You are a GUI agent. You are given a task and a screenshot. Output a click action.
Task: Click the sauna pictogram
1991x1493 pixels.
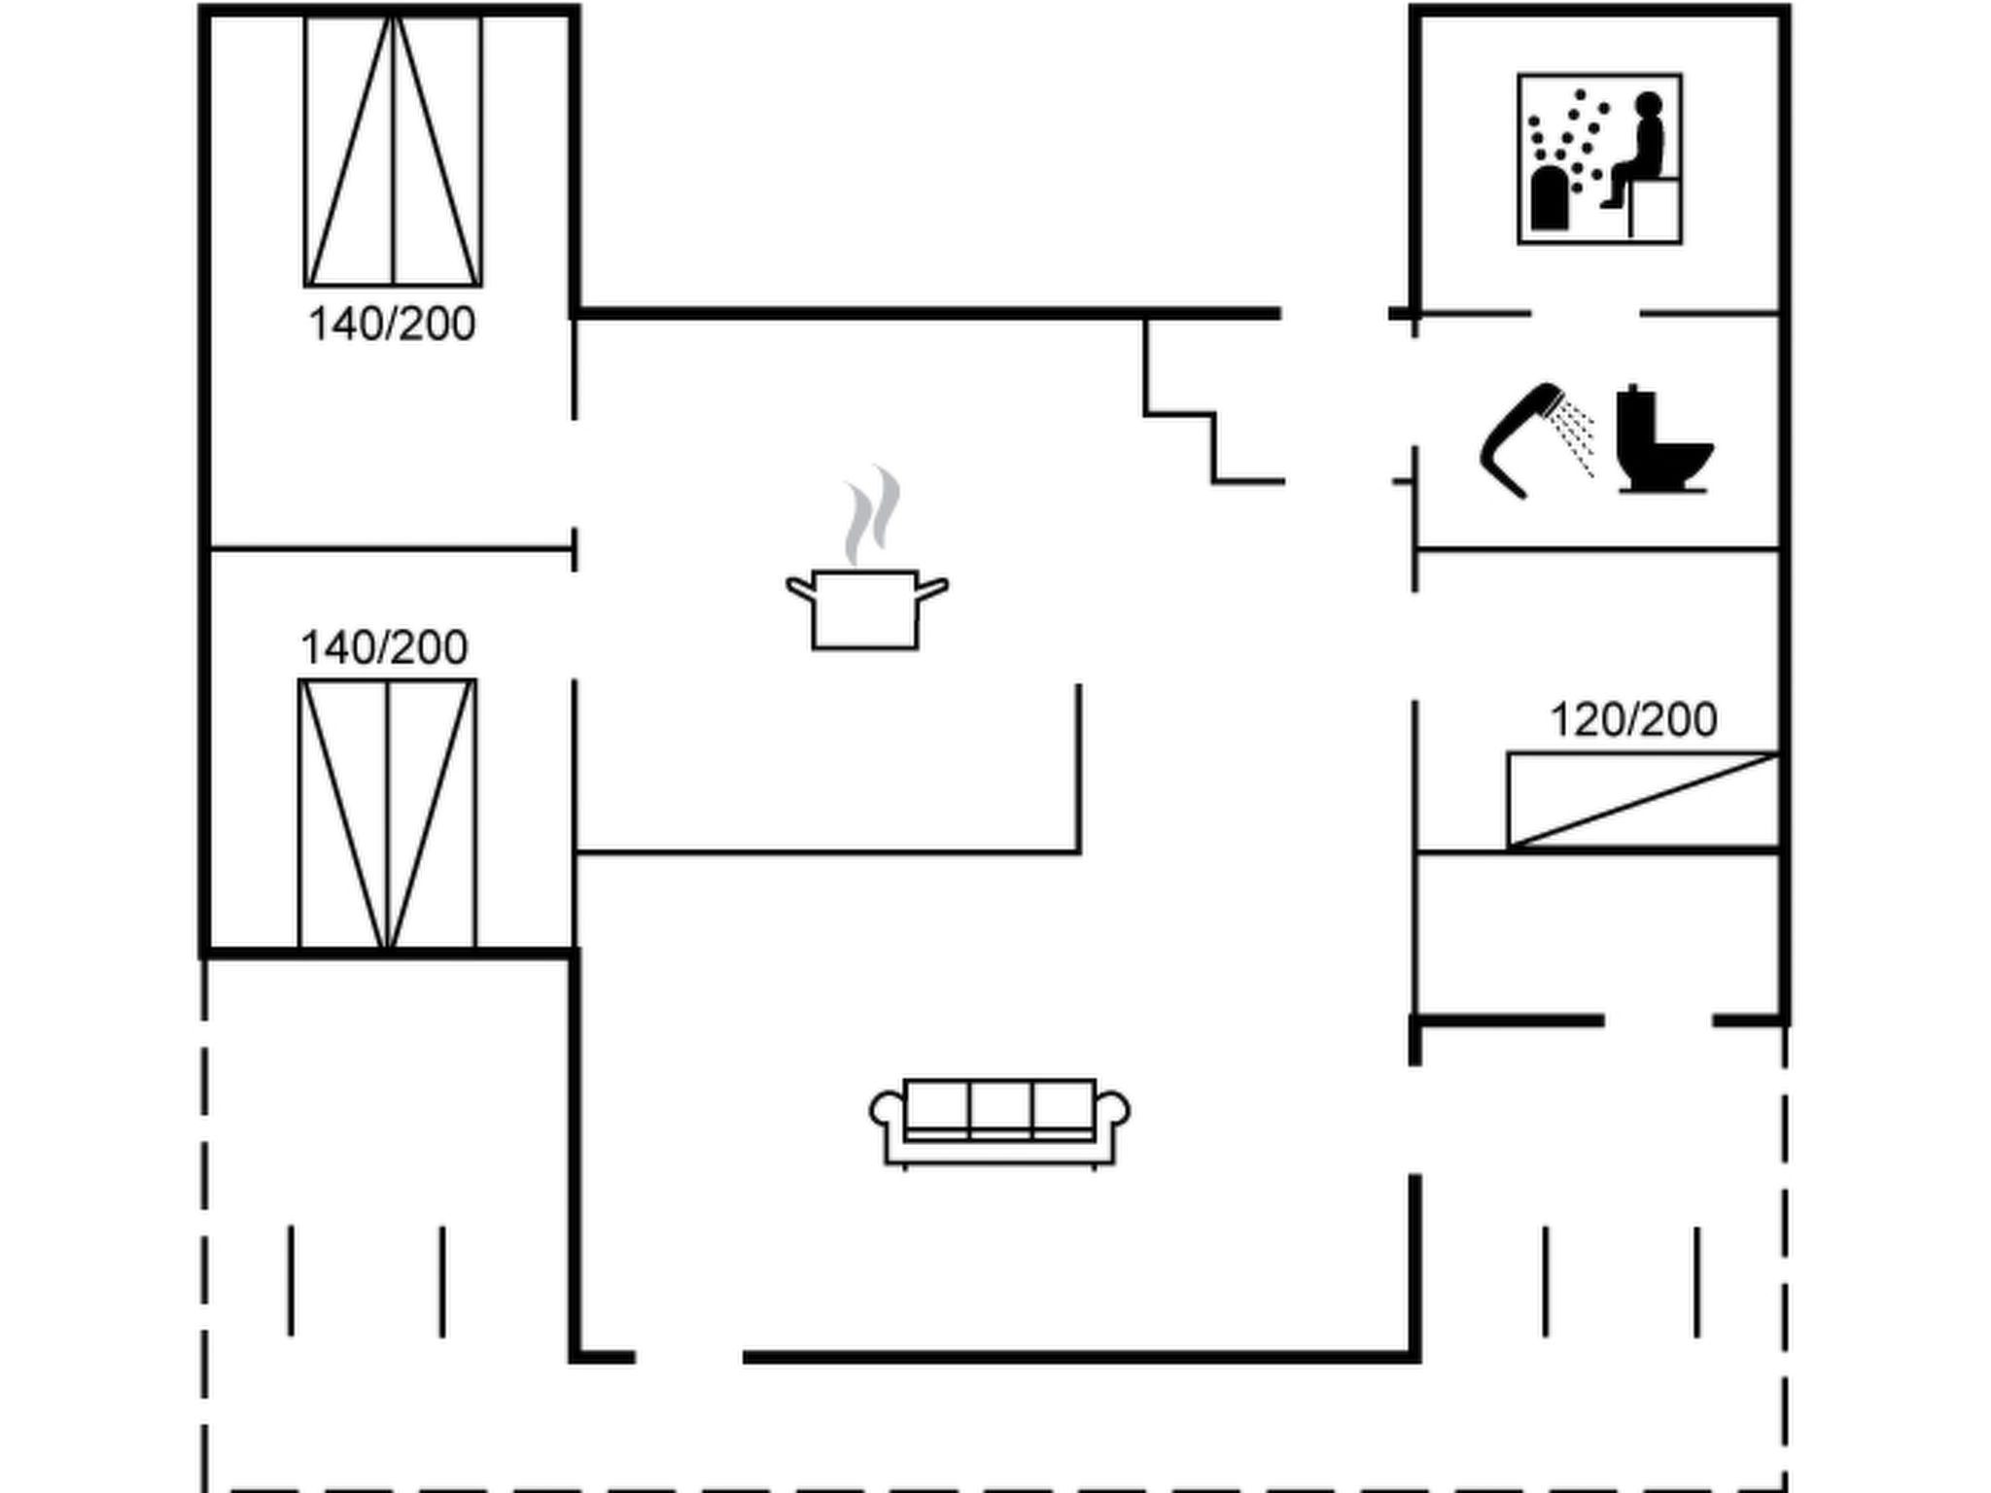click(1599, 158)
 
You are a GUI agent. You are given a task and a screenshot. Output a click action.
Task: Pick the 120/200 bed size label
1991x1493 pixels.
click(1632, 720)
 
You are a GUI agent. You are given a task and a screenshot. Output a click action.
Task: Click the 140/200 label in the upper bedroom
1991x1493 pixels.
click(392, 324)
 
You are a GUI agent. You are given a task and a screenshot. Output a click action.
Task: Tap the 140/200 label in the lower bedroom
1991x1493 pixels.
click(384, 647)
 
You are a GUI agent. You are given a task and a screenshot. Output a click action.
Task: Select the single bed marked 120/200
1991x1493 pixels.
click(1642, 800)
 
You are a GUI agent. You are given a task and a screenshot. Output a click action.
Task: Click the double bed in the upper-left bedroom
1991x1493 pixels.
click(393, 151)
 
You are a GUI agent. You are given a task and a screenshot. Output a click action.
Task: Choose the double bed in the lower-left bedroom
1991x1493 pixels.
click(387, 814)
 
